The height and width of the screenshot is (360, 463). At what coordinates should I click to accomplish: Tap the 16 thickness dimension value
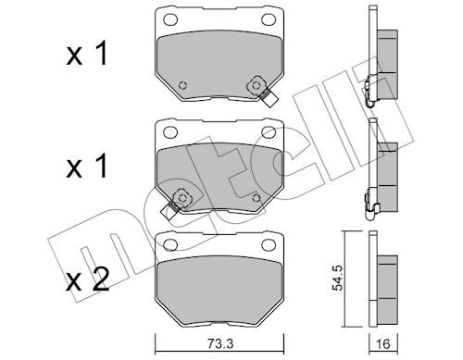383,344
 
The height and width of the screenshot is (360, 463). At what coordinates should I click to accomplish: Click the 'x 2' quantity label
88,279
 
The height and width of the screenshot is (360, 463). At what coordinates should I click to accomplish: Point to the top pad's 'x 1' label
87,54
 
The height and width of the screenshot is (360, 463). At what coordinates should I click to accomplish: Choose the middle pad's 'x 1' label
87,166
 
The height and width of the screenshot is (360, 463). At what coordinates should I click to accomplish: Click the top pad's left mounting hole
170,19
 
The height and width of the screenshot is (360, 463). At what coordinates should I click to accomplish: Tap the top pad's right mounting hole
269,19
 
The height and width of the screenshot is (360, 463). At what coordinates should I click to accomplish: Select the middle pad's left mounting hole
170,132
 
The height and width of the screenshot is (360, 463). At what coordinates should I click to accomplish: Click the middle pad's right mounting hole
269,132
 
